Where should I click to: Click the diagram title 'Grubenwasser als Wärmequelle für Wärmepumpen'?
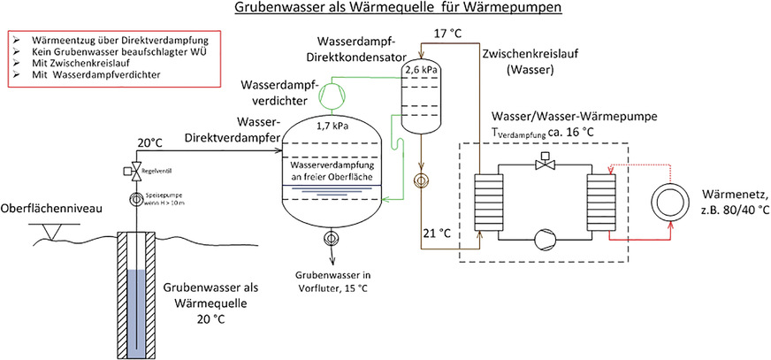tap(385, 10)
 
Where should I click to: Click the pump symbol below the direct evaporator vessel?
tap(331, 238)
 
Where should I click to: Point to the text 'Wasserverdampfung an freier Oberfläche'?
tap(329, 172)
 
